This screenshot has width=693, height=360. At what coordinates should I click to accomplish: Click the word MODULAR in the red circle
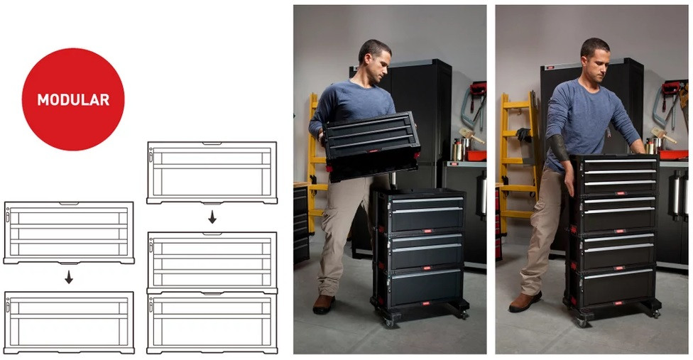tap(73, 100)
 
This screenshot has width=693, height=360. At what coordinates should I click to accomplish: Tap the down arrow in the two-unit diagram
tap(68, 278)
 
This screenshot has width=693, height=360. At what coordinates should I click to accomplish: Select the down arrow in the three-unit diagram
tap(212, 217)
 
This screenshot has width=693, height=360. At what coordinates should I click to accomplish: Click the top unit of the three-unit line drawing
tap(212, 173)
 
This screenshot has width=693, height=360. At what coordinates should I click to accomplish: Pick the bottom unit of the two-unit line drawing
tap(69, 322)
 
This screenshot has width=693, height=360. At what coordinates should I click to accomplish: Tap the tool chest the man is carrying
tap(371, 146)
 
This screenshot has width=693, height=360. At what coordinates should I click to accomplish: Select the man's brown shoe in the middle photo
tap(324, 304)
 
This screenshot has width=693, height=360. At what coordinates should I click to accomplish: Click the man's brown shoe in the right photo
tap(525, 301)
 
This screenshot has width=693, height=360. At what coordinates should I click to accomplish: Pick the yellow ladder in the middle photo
tap(317, 163)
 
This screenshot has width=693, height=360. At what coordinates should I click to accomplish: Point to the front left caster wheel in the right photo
tap(582, 322)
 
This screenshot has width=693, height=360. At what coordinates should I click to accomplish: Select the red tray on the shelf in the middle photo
tap(476, 156)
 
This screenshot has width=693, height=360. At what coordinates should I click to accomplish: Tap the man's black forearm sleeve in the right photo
tap(558, 148)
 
